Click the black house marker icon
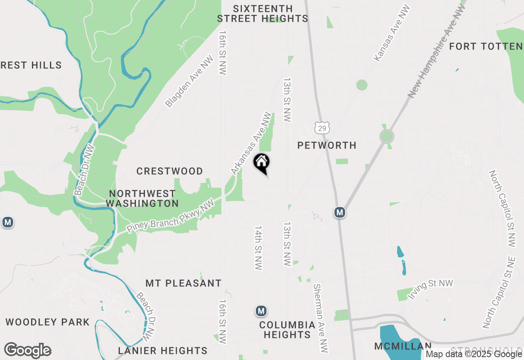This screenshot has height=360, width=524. pos(262,163)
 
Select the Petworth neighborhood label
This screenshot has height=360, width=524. pos(327,145)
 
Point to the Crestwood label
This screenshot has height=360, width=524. pos(169,171)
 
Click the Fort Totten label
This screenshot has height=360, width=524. pos(486,47)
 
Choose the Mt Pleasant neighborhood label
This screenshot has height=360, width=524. pos(183,283)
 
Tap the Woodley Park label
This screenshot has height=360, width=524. pos(47,322)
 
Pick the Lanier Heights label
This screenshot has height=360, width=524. pos(163,351)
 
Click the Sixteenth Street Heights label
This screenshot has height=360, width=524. pos(262,13)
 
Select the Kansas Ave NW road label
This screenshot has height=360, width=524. pos(392,34)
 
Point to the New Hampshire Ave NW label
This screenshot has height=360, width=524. pos(437,51)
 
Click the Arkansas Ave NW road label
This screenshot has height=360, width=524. pos(251,144)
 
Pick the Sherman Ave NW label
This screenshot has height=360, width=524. pos(321,318)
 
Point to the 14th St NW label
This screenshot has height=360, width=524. pos(258,248)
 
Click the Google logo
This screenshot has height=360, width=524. pos(28,350)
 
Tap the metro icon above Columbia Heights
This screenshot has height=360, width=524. pos(261,311)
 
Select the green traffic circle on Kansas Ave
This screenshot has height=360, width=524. pos(361,85)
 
